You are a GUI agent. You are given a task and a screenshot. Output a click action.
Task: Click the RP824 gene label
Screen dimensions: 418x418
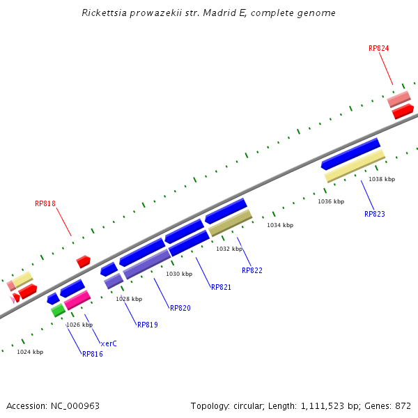point(378,49)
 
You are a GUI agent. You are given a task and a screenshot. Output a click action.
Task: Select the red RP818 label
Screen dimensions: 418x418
point(45,204)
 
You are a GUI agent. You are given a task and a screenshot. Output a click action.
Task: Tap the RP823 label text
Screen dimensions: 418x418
point(374,214)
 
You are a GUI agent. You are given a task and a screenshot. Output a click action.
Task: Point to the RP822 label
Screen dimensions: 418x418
point(251,270)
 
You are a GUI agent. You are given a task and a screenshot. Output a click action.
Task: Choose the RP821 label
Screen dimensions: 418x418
point(221,287)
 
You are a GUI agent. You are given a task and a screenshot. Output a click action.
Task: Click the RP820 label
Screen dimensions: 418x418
point(180,308)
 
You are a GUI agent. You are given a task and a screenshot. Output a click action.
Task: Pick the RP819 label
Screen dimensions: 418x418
point(147,325)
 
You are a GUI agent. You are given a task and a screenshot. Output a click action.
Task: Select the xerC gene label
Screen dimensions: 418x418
point(109,343)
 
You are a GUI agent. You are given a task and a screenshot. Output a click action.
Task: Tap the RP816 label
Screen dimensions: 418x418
point(92,354)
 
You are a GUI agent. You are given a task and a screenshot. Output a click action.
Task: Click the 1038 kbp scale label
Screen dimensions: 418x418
point(382,179)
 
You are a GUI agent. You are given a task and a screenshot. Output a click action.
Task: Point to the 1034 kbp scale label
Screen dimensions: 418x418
point(280,225)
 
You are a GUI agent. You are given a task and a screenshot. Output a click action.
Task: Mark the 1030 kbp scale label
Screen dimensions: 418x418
point(178,274)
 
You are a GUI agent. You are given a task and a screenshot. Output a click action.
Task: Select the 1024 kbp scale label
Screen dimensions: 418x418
point(30,352)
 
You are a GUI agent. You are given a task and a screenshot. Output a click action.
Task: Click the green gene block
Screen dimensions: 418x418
point(58,310)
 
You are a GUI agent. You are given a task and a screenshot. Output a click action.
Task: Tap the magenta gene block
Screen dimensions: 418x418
point(77,300)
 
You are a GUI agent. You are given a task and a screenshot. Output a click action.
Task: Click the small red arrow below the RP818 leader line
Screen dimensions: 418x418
point(84,261)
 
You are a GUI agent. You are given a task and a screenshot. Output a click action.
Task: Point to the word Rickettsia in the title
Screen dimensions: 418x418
point(105,13)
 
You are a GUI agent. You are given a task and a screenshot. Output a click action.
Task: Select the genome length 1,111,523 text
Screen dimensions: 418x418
point(327,405)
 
